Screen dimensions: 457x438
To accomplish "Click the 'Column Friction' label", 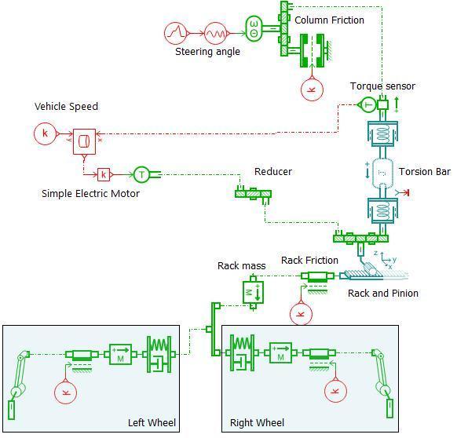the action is click(329, 20).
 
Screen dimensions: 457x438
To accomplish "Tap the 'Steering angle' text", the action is click(207, 52).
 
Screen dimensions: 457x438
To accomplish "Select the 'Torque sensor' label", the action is click(382, 86).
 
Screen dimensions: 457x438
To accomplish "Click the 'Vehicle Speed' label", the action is click(66, 107).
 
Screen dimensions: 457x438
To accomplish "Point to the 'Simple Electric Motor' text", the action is click(90, 194).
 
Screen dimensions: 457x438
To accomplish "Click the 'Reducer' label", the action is click(273, 171).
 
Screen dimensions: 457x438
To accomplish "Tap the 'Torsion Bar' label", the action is click(424, 171).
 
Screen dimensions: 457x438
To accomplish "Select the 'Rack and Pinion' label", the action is click(383, 293).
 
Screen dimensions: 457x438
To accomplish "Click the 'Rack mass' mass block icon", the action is click(253, 293).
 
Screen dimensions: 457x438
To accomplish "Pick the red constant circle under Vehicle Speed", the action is click(45, 133).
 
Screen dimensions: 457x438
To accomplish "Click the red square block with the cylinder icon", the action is click(84, 141).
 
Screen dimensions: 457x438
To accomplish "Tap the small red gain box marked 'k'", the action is click(104, 174).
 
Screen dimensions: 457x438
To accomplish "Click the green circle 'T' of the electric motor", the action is click(141, 174).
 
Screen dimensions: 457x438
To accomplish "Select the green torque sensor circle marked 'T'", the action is click(368, 104).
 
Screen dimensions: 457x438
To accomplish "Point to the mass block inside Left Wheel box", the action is click(120, 354).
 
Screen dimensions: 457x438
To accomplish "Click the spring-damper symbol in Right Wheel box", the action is click(242, 353).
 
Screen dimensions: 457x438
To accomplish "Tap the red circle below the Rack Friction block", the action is click(301, 313).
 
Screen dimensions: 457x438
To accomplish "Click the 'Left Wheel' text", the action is click(152, 422).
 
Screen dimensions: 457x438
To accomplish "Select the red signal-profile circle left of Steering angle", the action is click(175, 33).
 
